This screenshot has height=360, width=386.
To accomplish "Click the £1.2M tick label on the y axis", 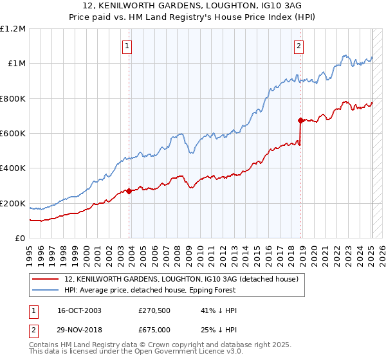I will [x=13, y=29].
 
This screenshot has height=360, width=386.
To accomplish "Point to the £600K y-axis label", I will [x=13, y=134].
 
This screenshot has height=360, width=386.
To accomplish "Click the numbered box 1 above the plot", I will [x=128, y=46].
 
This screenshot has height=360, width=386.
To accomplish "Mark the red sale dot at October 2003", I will [x=129, y=191].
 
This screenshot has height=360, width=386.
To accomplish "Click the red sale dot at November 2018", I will [x=300, y=120].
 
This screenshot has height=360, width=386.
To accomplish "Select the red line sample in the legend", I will [x=46, y=280].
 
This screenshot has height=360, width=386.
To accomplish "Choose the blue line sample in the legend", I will [x=46, y=291].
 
